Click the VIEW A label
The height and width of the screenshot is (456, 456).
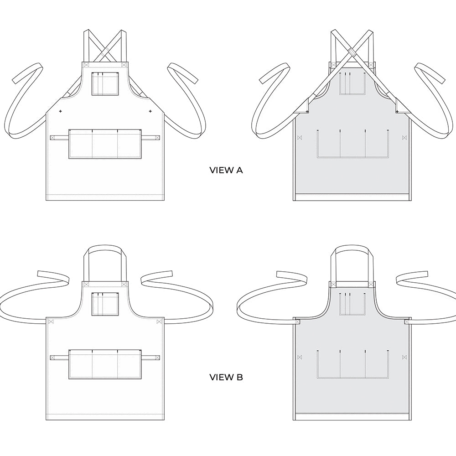[226, 170]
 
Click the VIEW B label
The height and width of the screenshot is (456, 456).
[226, 377]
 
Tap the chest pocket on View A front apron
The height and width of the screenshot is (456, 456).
[105, 83]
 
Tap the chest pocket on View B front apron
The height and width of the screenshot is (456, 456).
[105, 304]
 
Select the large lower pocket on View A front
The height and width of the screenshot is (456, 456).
[105, 144]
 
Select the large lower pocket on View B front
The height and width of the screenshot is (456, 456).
[105, 364]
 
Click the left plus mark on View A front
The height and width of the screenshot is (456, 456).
[61, 111]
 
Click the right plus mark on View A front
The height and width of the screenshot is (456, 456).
[150, 111]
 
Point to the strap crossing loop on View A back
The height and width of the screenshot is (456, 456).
[352, 52]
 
